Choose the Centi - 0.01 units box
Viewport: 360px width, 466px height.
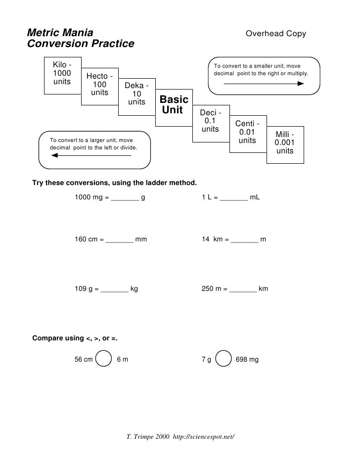pyautogui.click(x=247, y=132)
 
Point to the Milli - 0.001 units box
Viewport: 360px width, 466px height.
pyautogui.click(x=285, y=143)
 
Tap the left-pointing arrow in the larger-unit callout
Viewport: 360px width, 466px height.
pyautogui.click(x=91, y=156)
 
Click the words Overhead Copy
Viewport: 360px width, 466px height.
pyautogui.click(x=276, y=34)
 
